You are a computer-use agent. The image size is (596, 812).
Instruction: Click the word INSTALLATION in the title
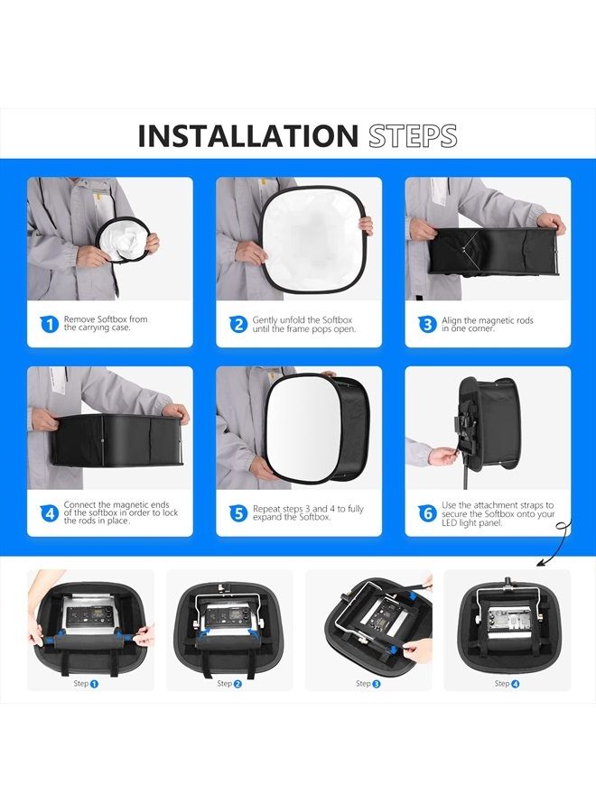[x=248, y=136]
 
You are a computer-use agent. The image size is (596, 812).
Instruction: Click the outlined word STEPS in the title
[x=412, y=136]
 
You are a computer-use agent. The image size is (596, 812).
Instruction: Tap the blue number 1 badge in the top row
[x=50, y=324]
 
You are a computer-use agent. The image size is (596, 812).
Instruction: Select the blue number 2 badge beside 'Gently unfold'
[x=238, y=324]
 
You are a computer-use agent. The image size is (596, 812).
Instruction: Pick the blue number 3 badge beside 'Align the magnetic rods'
[x=427, y=324]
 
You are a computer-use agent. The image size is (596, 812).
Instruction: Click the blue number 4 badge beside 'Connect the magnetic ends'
[x=50, y=513]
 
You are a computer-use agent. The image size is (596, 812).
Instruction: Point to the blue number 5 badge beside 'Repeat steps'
[x=238, y=513]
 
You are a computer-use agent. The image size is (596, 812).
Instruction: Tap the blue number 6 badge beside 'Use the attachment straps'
[x=427, y=513]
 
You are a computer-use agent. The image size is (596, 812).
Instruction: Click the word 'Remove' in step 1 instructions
[x=79, y=319]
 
